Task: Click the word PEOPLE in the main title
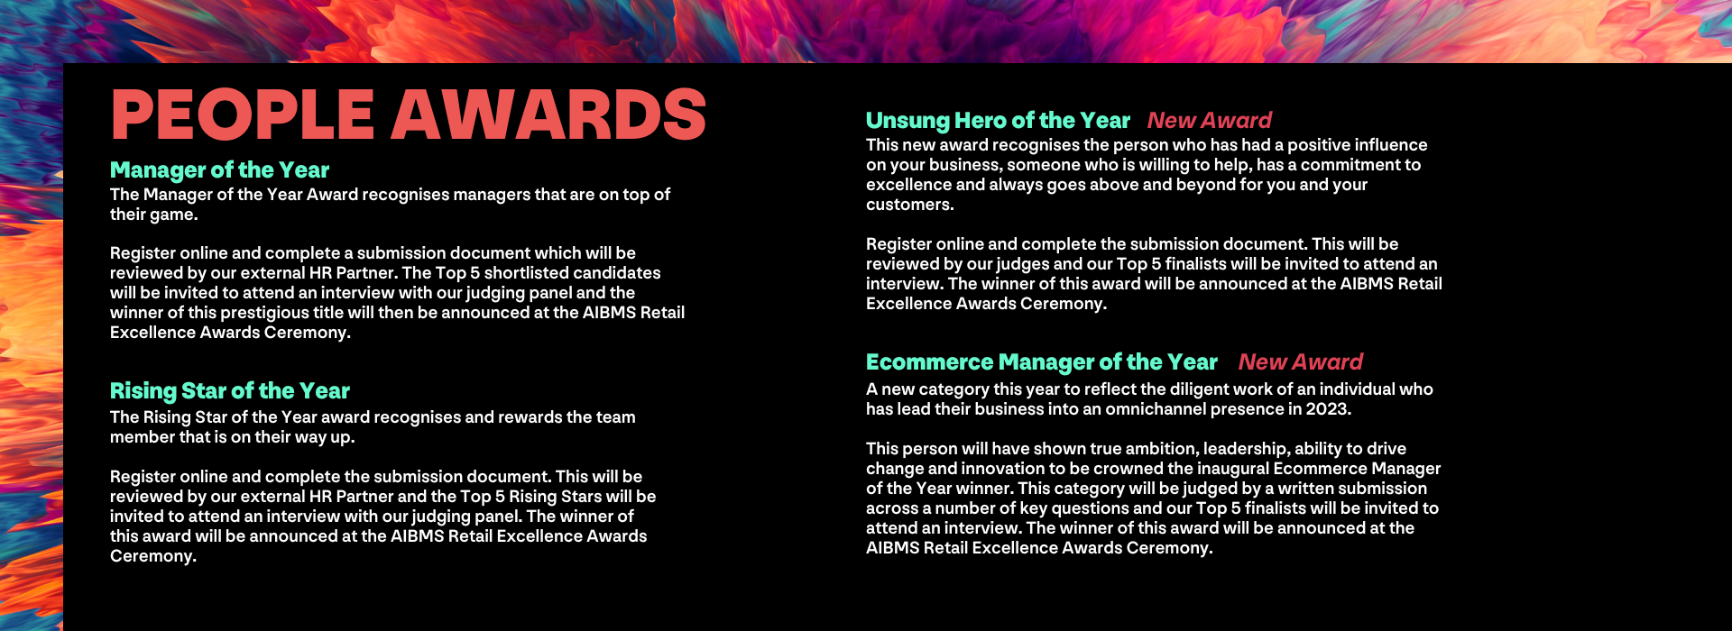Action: tap(242, 114)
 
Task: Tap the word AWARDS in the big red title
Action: tap(548, 114)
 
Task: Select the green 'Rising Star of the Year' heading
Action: tap(229, 391)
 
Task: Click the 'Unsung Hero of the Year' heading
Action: tap(998, 121)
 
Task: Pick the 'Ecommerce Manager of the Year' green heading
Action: tap(1042, 362)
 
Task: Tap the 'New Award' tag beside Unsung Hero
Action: tap(1210, 121)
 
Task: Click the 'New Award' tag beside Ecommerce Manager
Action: tap(1301, 362)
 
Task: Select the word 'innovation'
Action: tap(1003, 469)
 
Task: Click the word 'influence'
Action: tap(1389, 145)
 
